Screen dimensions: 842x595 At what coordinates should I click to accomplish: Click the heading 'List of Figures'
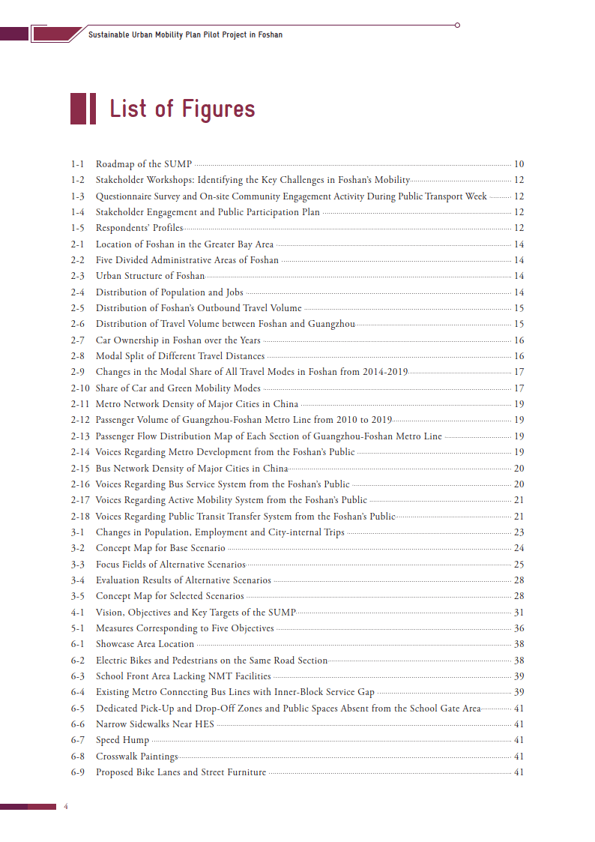pos(182,109)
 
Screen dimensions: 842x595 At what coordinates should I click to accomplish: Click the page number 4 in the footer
pos(66,807)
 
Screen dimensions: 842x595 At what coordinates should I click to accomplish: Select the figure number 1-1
pos(77,164)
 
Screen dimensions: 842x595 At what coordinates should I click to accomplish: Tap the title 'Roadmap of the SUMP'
pos(144,164)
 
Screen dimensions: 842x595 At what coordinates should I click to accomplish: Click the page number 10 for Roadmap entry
pos(519,164)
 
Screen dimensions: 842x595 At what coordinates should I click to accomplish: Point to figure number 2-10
pos(80,388)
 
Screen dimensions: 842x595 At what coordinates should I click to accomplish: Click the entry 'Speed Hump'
pos(122,740)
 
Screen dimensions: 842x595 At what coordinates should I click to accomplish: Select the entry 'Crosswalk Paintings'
pos(137,757)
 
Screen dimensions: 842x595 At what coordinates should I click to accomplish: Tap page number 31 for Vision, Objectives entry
pos(519,613)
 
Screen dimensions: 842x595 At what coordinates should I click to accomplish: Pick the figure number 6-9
pos(77,772)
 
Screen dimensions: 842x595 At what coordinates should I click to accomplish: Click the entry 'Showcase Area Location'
pos(145,644)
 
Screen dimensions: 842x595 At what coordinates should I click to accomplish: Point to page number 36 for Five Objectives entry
pos(519,628)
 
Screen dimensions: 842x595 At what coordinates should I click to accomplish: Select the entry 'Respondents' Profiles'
pos(139,228)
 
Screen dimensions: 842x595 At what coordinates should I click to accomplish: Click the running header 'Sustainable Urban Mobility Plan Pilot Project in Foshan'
pos(185,34)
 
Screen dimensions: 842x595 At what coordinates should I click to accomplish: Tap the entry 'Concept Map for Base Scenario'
pos(160,548)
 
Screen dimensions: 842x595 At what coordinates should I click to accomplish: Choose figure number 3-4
pos(77,580)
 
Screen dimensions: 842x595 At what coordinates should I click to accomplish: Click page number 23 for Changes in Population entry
pos(519,532)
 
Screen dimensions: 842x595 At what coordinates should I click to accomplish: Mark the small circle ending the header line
pos(457,25)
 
